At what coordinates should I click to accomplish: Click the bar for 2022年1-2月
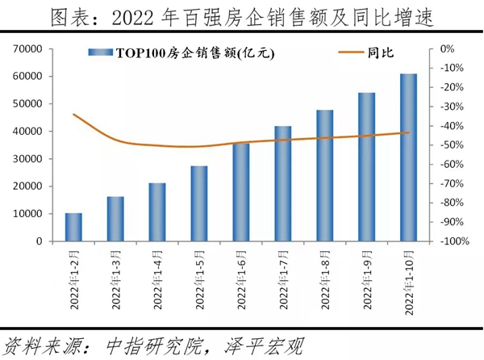pyautogui.click(x=73, y=227)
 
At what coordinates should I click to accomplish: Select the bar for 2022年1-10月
pyautogui.click(x=409, y=157)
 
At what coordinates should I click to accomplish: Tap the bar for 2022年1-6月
pyautogui.click(x=241, y=192)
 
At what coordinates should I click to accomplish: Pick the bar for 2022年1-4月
pyautogui.click(x=157, y=211)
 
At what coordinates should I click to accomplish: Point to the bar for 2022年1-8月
pyautogui.click(x=325, y=175)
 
